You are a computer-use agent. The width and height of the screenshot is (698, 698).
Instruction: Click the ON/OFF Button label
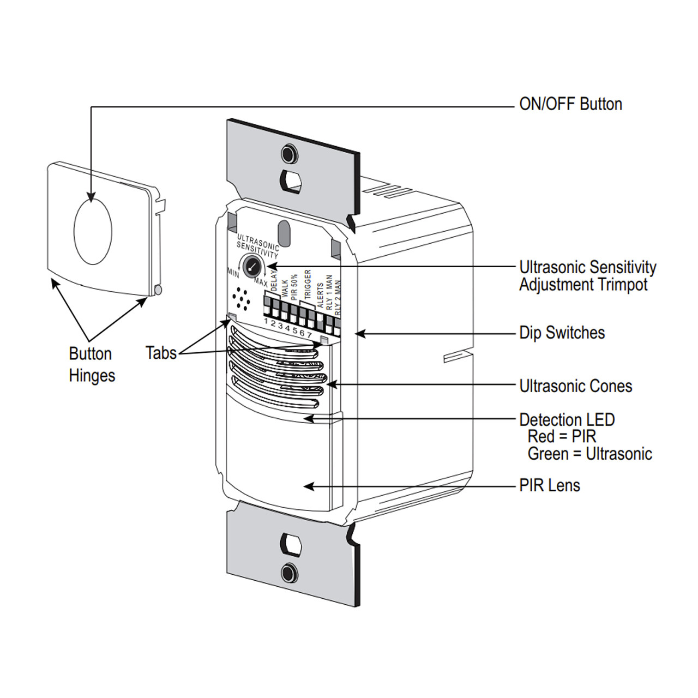click(x=570, y=104)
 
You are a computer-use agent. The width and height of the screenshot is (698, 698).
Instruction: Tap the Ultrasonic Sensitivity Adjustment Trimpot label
click(x=587, y=276)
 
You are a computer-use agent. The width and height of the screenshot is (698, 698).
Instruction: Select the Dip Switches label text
click(x=562, y=333)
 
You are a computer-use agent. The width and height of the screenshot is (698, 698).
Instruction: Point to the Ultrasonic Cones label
click(x=575, y=386)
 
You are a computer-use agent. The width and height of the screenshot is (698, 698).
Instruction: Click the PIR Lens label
click(x=549, y=485)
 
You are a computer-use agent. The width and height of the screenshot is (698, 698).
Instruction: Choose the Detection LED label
click(x=567, y=420)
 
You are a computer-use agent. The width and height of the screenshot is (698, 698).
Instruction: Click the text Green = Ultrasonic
click(x=589, y=454)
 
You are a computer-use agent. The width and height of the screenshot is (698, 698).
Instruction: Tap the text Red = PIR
click(x=562, y=437)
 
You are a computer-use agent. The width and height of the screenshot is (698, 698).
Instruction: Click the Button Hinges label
click(x=92, y=364)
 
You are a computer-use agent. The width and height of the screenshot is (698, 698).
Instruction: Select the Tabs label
click(x=161, y=353)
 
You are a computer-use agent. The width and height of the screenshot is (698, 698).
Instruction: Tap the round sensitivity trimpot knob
click(x=252, y=266)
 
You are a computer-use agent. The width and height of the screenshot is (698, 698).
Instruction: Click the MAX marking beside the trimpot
click(x=261, y=283)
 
